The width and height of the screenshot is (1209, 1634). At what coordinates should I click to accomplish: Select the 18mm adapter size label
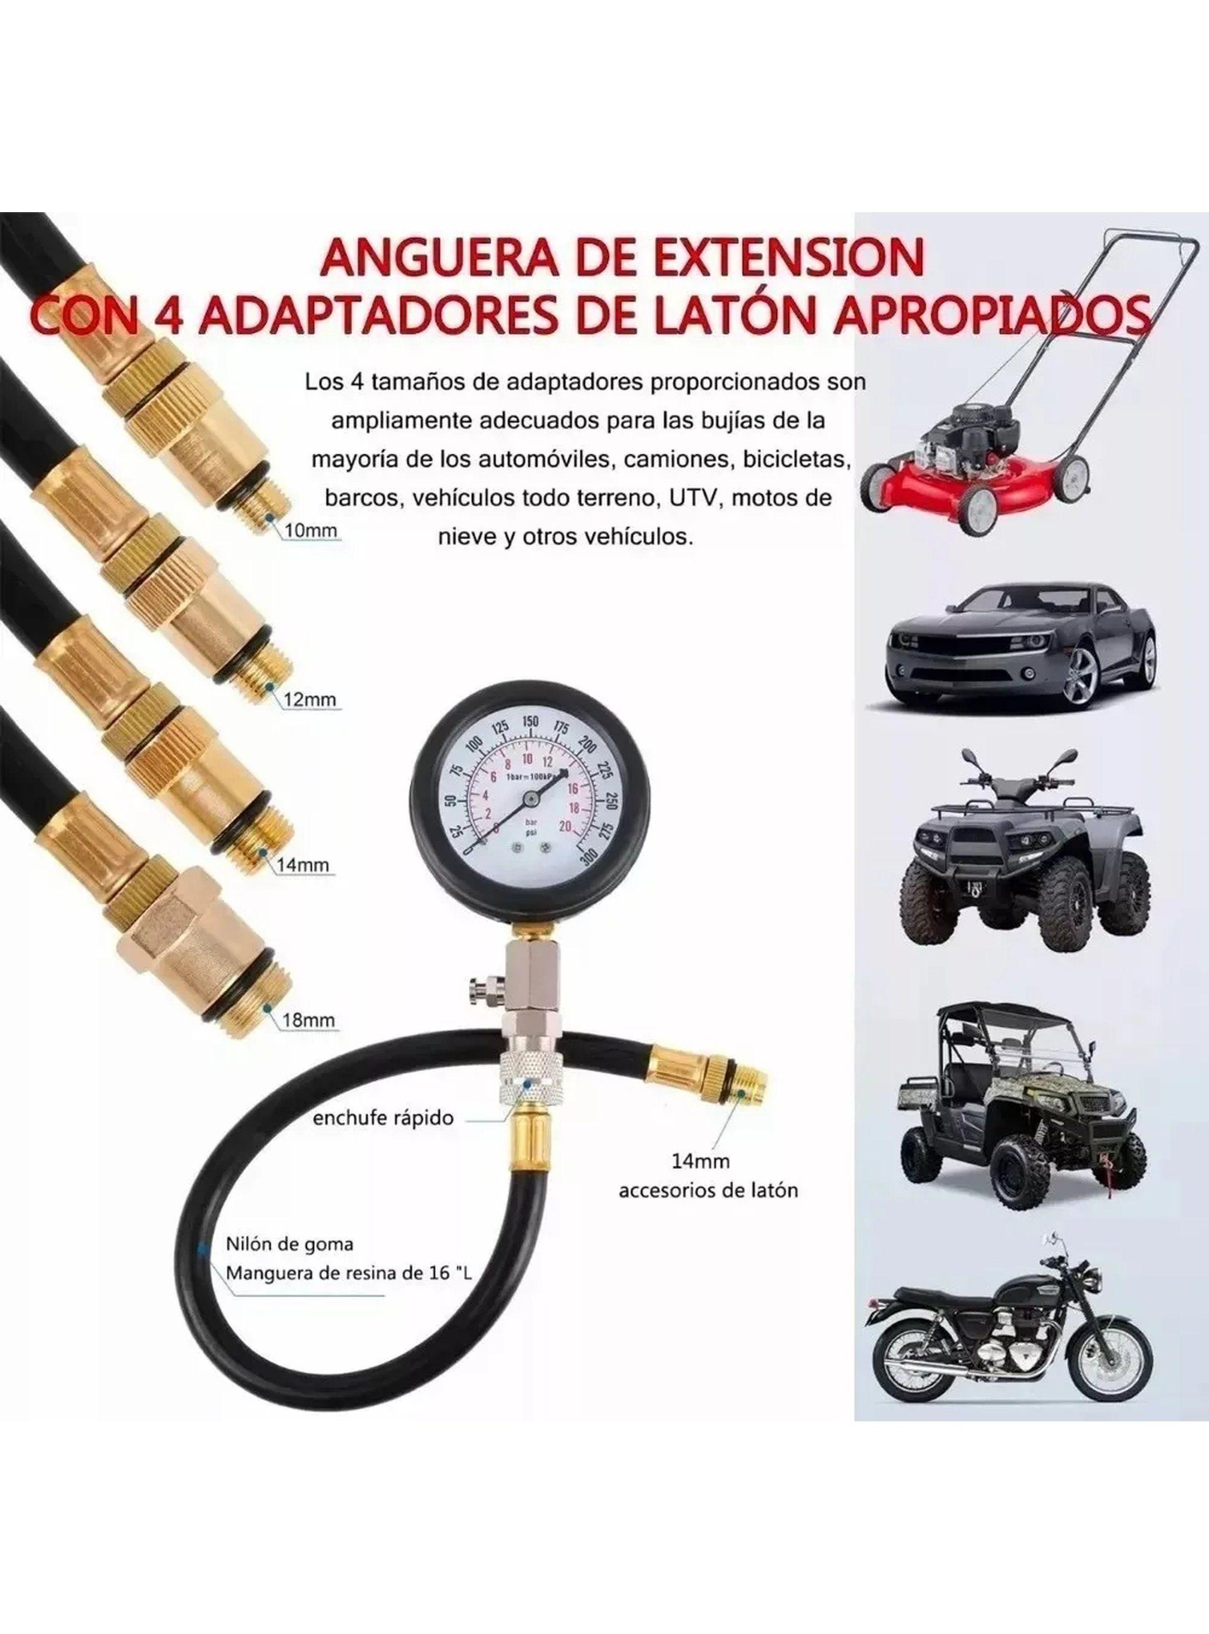pyautogui.click(x=308, y=1019)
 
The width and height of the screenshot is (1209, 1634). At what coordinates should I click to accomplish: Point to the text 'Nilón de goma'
pyautogui.click(x=289, y=1244)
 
